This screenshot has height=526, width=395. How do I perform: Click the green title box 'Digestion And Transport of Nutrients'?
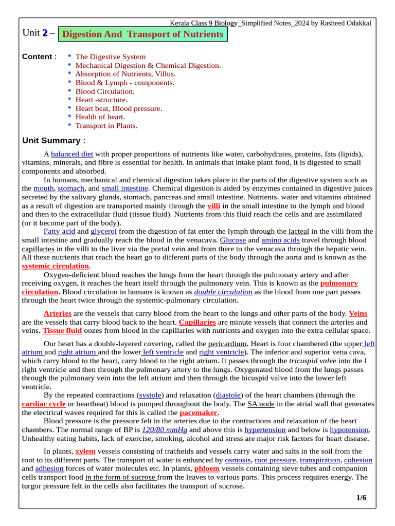(x=143, y=34)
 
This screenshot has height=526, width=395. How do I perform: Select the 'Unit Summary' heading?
(x=51, y=141)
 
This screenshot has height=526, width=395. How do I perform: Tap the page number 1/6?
(x=361, y=498)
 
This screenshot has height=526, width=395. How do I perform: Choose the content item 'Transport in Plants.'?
(x=106, y=125)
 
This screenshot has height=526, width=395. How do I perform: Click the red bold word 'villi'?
(x=213, y=205)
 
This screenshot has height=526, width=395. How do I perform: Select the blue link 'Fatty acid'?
(x=59, y=232)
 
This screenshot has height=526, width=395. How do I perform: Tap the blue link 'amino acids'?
(x=280, y=240)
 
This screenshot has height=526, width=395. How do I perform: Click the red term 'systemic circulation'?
(x=56, y=266)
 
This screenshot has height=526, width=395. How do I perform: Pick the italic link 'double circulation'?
(x=223, y=292)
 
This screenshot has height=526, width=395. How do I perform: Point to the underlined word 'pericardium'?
(x=227, y=343)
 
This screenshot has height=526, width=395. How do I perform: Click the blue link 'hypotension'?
(x=349, y=429)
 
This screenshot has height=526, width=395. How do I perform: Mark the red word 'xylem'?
(x=85, y=452)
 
